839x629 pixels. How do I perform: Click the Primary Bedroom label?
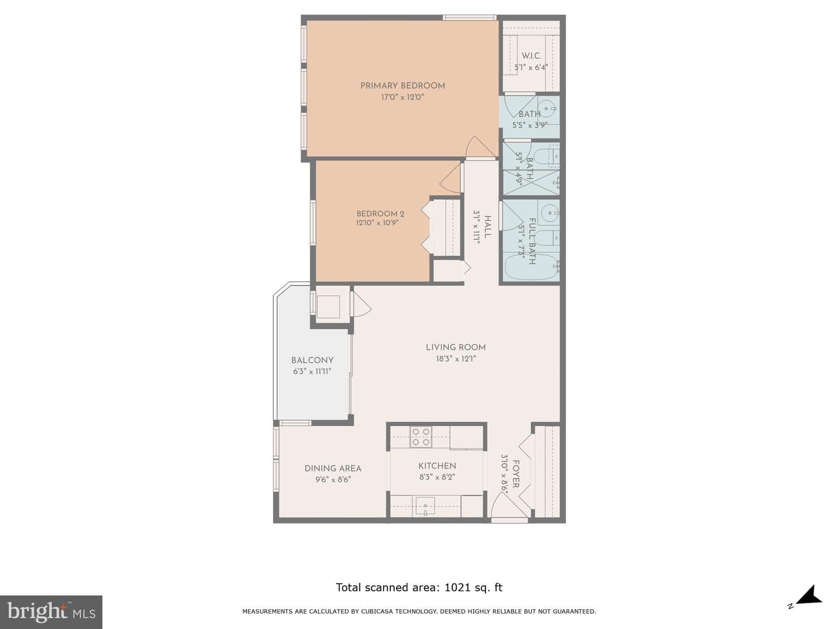tap(403, 86)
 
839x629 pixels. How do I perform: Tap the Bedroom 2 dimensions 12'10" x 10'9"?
tap(378, 222)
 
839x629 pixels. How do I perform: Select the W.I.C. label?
tap(531, 56)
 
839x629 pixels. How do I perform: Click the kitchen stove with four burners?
tap(421, 437)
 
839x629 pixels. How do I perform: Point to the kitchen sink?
tap(425, 506)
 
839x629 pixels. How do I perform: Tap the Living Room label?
tap(456, 348)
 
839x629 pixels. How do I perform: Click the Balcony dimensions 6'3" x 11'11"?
tap(312, 371)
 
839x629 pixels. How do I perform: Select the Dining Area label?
tap(333, 468)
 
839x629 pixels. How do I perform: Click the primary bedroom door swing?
tap(480, 147)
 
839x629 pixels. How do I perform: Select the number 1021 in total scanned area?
tap(457, 588)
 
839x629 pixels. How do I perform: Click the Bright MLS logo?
tap(51, 612)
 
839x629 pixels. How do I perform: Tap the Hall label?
tap(487, 227)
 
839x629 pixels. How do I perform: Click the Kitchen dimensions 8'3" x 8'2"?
tap(437, 477)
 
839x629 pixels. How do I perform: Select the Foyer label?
tap(515, 474)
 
